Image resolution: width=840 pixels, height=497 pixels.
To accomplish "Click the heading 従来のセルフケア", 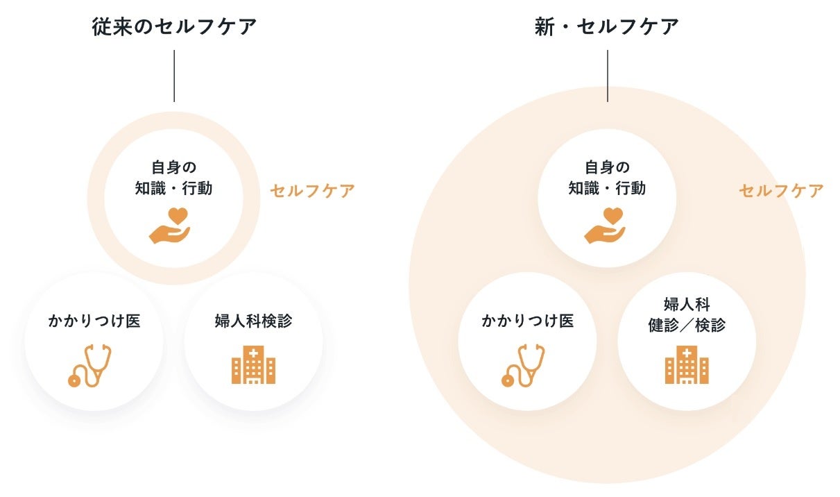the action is coord(174,27).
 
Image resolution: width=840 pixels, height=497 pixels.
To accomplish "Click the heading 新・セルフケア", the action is coord(607,27).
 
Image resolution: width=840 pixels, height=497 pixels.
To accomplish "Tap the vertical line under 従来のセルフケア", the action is coord(174,76).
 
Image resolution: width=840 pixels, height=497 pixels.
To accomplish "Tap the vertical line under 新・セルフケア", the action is coord(608,76).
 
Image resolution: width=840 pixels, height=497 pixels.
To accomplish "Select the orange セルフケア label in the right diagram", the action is coord(781,191).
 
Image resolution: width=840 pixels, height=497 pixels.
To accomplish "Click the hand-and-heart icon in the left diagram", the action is coord(170,225).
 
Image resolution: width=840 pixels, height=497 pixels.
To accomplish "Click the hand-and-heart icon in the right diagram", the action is coord(604,225).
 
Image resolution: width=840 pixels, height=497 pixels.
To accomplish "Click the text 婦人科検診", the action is coord(253,321).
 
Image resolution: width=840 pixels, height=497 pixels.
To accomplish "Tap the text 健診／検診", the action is coord(687,325).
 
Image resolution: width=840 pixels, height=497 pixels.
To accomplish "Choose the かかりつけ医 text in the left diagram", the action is coord(94,321).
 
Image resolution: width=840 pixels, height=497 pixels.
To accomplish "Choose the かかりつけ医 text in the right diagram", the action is coord(528,321).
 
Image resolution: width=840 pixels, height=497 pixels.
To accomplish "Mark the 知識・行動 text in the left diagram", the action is coord(173,188).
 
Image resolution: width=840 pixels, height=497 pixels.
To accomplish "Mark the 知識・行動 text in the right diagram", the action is coord(607,188).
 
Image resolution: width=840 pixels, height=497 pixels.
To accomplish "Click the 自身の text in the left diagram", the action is coord(173,168).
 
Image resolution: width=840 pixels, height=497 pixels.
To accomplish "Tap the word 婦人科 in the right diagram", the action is coord(687,305).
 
